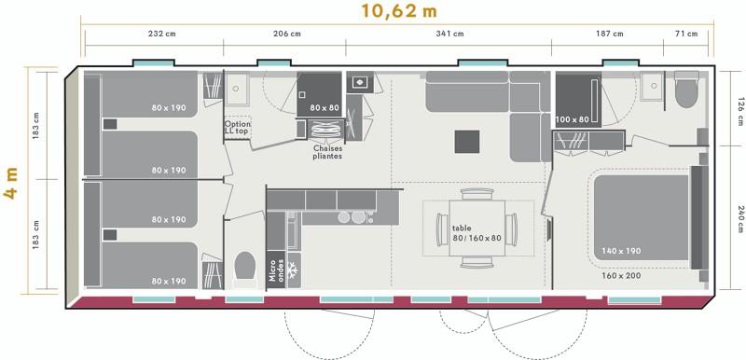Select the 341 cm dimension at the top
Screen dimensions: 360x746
[x=449, y=35]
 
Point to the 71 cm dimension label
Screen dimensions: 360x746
[x=685, y=35]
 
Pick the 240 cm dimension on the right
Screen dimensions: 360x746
[x=739, y=215]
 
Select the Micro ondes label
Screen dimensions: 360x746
[x=274, y=270]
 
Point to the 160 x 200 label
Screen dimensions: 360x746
[x=622, y=276]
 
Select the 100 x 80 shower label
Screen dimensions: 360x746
[x=573, y=119]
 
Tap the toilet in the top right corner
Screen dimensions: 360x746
[x=686, y=91]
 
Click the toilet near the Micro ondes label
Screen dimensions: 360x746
[x=245, y=267]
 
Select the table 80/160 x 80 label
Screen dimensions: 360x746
[x=477, y=232]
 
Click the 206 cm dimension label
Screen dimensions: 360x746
[x=285, y=35]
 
